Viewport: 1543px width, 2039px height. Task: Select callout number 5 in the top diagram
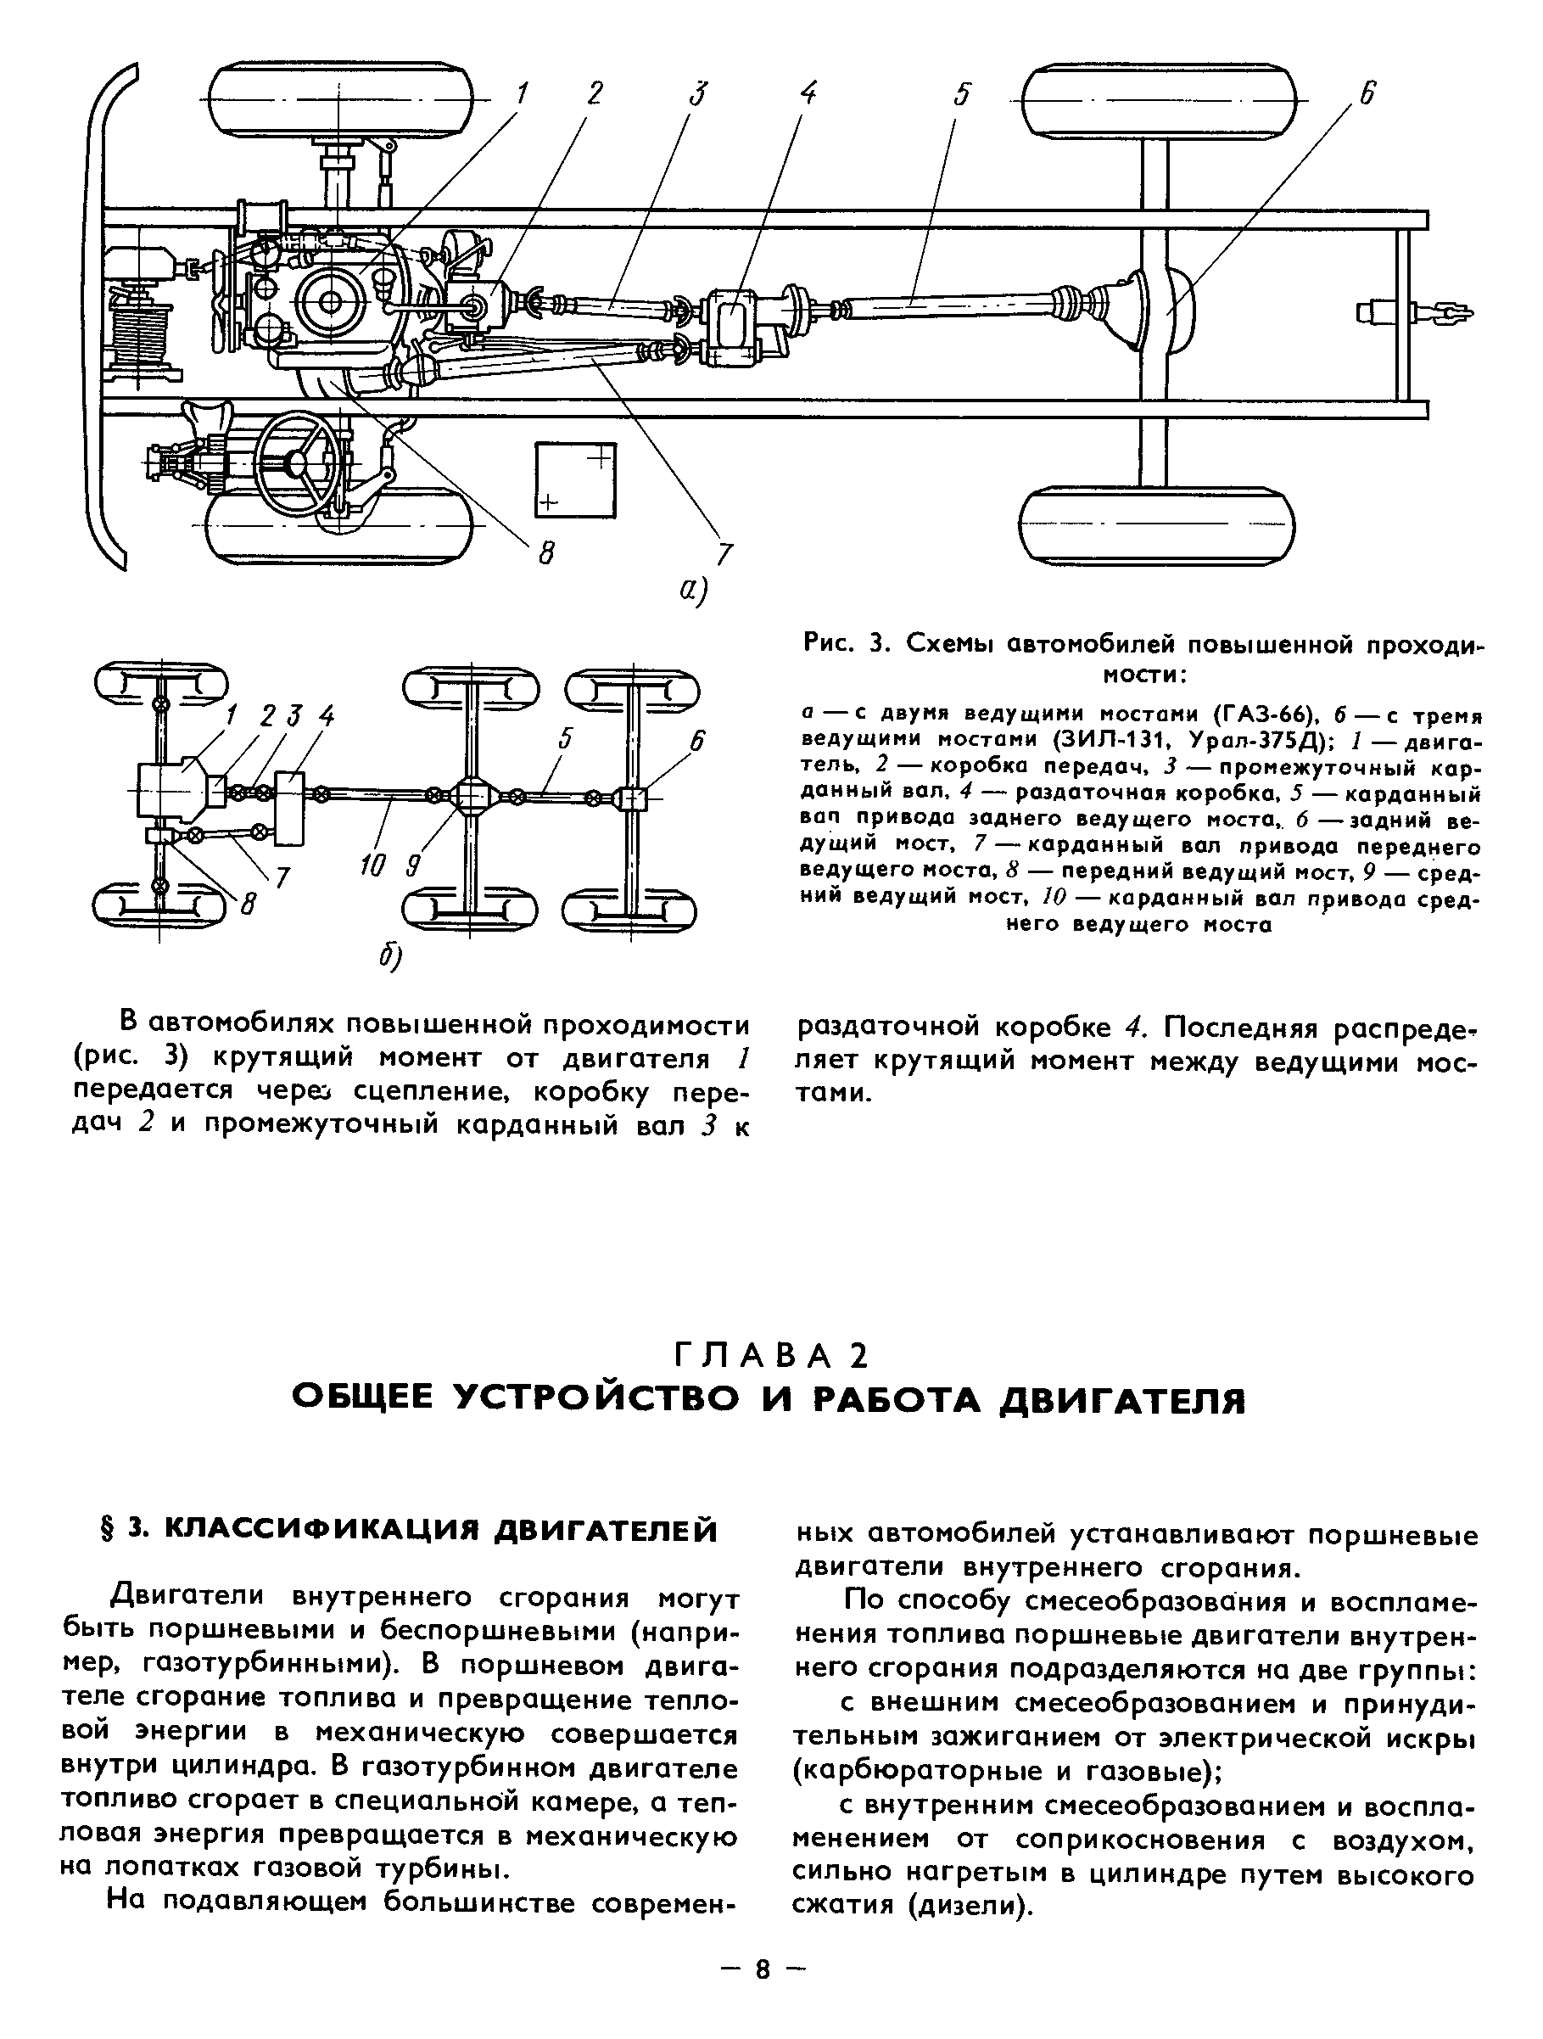961,94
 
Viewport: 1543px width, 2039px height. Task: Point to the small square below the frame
576,479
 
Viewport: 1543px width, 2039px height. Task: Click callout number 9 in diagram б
413,866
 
